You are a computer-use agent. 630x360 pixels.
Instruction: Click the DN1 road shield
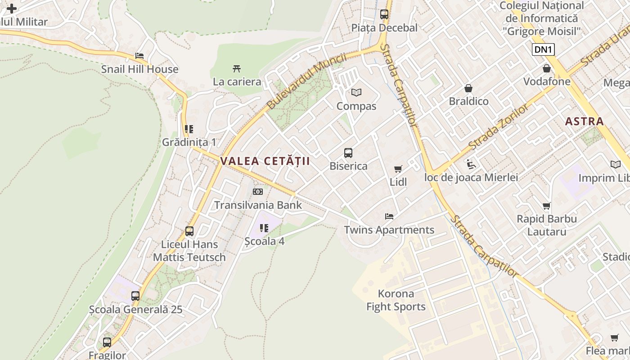(x=543, y=49)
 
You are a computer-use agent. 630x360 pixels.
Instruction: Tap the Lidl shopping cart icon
(x=398, y=169)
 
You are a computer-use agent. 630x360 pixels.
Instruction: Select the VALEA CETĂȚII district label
(x=265, y=161)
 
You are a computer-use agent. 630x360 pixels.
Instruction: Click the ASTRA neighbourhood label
(x=584, y=121)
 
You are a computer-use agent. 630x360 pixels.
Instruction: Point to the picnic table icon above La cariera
(x=237, y=69)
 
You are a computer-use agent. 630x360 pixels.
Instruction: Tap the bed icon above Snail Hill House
(x=139, y=56)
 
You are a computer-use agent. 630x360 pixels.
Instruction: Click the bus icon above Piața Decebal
(x=384, y=14)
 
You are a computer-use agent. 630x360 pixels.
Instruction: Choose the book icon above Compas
(x=356, y=93)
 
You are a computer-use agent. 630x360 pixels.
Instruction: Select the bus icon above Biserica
(x=348, y=153)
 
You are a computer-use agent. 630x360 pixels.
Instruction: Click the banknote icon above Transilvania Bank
(x=258, y=192)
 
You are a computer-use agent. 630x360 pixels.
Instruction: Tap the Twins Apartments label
(x=389, y=230)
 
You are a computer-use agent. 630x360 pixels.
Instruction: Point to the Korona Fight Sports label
(x=396, y=300)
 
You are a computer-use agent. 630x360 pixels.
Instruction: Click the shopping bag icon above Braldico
(x=468, y=88)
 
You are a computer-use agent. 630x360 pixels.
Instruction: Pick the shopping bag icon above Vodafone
(x=547, y=69)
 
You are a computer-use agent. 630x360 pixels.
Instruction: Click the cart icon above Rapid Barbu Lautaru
(x=547, y=206)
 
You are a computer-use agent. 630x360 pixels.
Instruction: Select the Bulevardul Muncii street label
(x=306, y=81)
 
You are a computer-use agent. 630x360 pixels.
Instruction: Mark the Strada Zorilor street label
(x=499, y=126)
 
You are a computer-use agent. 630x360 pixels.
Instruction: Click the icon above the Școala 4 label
(x=264, y=228)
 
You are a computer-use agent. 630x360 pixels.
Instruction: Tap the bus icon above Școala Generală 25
(x=135, y=296)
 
